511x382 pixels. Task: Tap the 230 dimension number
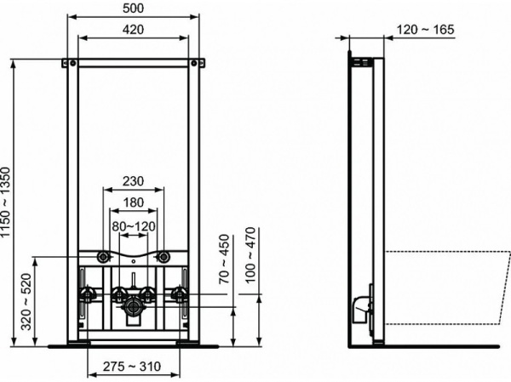[132, 180]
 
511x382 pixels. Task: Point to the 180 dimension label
[132, 202]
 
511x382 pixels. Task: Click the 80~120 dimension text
[132, 225]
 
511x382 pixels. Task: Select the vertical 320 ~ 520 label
[26, 302]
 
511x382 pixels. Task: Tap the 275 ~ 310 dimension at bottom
[133, 366]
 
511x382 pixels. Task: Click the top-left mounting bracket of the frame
[67, 62]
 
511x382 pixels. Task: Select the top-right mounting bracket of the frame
[198, 62]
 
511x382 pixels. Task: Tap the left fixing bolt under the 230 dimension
[103, 255]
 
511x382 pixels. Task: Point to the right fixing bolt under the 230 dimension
[162, 255]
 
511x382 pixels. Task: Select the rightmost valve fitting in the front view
[180, 295]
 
